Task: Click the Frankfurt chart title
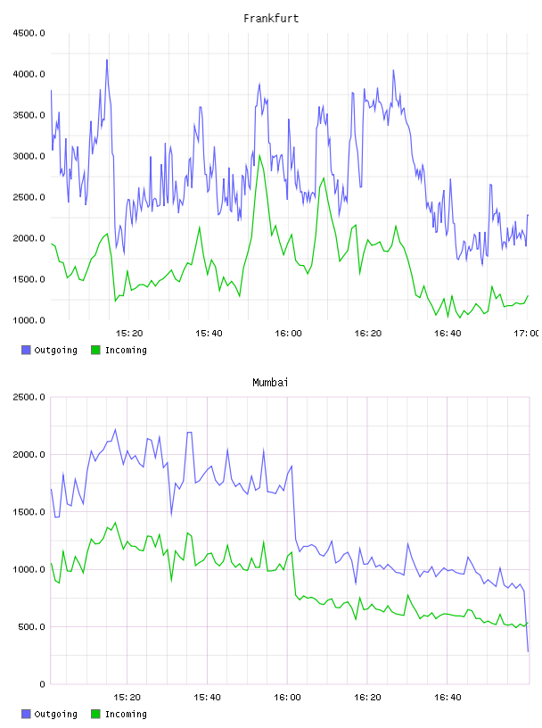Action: (271, 19)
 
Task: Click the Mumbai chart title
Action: (270, 383)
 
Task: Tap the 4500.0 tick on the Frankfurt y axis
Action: (29, 33)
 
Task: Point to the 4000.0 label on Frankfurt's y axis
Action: (29, 74)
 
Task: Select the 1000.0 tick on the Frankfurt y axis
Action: (29, 320)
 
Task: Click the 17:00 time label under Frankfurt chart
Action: (526, 334)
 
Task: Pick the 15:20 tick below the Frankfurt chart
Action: (129, 334)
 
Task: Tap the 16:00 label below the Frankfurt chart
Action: (288, 334)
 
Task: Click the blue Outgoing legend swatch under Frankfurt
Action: (26, 350)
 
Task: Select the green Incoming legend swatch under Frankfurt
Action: (95, 350)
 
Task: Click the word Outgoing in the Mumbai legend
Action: (55, 714)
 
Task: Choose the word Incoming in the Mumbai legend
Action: (126, 714)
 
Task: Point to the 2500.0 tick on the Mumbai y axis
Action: (29, 397)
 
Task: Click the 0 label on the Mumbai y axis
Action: (42, 684)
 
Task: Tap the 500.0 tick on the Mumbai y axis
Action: (31, 627)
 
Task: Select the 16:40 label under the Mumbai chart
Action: (448, 698)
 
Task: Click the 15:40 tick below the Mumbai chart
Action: (207, 698)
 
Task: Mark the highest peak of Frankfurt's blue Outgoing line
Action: (107, 60)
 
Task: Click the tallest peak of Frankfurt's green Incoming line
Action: (259, 155)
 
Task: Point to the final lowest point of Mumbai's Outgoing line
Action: (528, 651)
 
